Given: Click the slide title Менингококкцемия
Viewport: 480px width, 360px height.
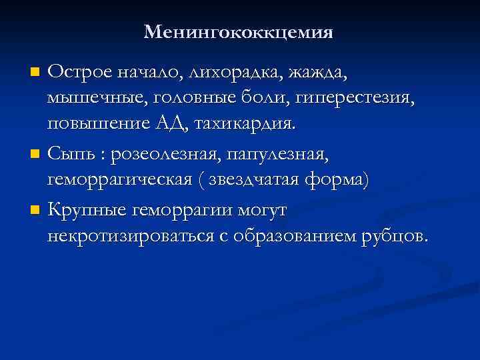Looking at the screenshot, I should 238,32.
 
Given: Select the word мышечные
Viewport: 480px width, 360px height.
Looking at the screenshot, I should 96,98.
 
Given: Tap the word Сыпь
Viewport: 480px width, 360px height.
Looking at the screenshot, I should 75,154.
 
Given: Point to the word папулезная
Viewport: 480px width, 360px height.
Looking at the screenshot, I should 289,154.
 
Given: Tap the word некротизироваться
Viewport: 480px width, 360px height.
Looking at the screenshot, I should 126,237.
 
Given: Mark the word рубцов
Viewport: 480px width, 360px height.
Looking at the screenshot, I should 398,237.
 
